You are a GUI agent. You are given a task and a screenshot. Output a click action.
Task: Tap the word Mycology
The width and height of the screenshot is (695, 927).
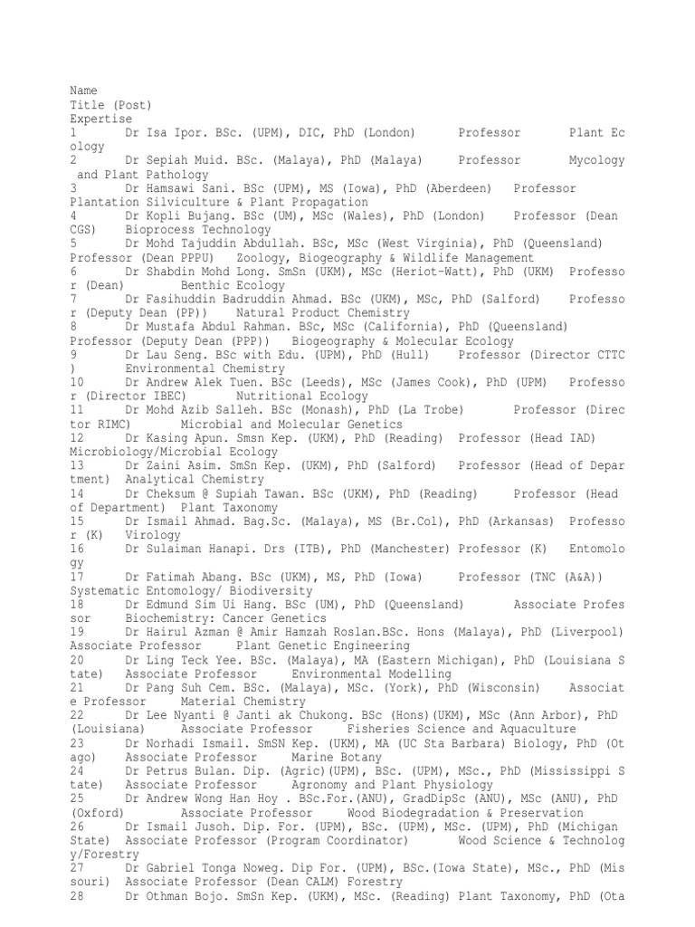[x=596, y=160]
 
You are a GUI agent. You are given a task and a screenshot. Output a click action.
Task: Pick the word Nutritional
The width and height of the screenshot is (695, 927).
[x=271, y=397]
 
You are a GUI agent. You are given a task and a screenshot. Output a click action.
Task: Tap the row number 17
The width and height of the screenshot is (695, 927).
[x=77, y=577]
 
